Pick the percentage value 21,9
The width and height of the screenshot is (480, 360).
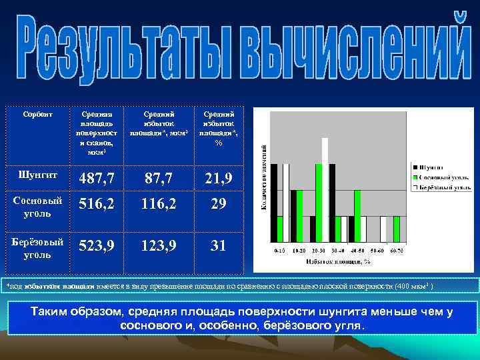coord(219,179)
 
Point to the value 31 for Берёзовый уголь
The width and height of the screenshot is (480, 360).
coord(219,245)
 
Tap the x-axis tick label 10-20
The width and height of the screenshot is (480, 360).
coord(300,251)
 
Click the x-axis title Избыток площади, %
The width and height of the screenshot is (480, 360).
coord(339,263)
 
